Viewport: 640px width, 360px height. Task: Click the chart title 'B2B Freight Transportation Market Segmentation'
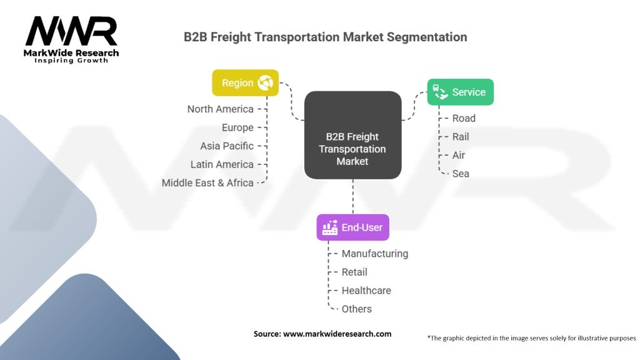[x=325, y=37]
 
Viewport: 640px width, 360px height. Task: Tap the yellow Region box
[x=245, y=83]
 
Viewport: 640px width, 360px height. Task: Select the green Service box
[x=460, y=92]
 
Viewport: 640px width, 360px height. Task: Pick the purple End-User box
[x=352, y=227]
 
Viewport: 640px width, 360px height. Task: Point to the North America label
[x=220, y=109]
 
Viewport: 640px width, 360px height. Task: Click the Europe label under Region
[x=237, y=127]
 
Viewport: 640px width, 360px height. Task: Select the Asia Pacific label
[x=227, y=146]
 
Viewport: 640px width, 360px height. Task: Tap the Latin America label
[x=222, y=164]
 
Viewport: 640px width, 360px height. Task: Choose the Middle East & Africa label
[x=207, y=182]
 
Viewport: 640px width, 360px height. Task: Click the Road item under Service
[x=464, y=118]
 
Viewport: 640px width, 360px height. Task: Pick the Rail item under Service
[x=461, y=136]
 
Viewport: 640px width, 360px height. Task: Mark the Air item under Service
[x=459, y=155]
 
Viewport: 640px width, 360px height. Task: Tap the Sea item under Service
[x=461, y=173]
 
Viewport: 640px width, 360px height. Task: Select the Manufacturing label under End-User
[x=374, y=253]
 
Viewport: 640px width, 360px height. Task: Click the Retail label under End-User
[x=354, y=272]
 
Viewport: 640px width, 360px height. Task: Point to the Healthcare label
[x=366, y=290]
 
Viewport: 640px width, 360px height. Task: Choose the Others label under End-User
[x=356, y=309]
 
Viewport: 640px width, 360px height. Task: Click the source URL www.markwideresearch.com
[x=337, y=334]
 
